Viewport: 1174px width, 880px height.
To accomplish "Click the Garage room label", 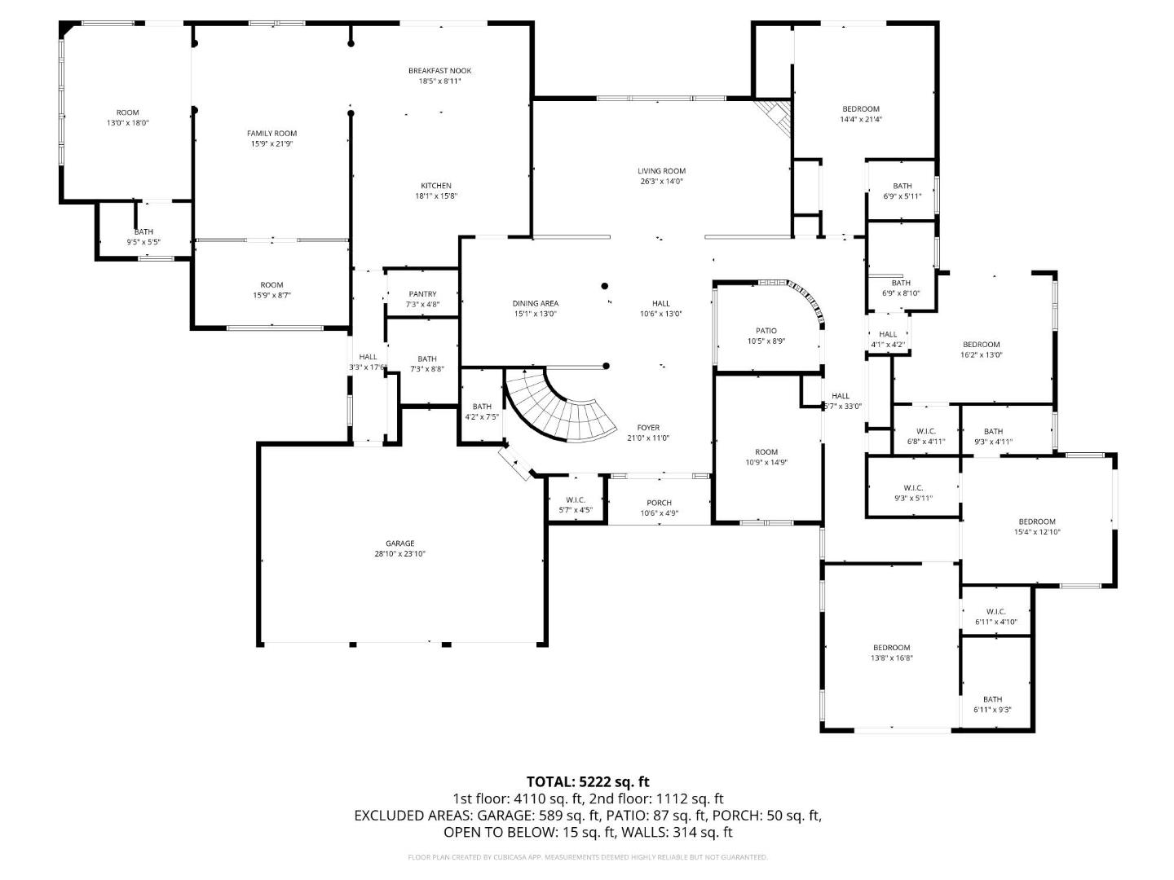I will tap(399, 548).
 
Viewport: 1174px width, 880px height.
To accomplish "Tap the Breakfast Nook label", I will tap(439, 76).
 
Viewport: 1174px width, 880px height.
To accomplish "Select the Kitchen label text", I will tap(436, 191).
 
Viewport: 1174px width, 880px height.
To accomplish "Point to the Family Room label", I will tap(271, 139).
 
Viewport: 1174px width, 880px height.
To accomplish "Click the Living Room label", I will tap(661, 176).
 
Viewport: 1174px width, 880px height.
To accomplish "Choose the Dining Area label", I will tap(536, 308).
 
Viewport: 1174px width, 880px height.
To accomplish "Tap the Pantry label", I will tap(422, 299).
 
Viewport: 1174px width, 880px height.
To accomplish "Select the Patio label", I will tap(766, 336).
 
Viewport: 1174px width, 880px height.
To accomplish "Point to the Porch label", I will tap(659, 508).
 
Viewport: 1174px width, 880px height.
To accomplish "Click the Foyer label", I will tap(648, 433).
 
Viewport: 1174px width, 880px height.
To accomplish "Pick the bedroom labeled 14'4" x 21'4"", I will tap(861, 114).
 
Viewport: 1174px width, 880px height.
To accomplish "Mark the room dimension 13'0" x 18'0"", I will tap(128, 123).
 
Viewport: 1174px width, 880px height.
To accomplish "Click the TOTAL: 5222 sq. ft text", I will tap(587, 782).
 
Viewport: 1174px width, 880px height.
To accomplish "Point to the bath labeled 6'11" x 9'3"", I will tap(992, 704).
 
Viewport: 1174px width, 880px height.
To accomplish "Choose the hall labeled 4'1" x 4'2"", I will tap(888, 339).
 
